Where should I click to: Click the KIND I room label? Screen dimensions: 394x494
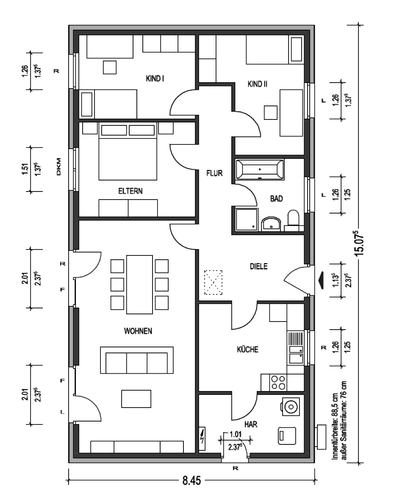(155, 78)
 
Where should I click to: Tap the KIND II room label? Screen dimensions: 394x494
(257, 84)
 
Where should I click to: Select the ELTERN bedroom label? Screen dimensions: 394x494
(130, 191)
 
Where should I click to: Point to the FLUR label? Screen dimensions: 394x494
(214, 173)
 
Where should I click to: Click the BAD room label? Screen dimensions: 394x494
(277, 198)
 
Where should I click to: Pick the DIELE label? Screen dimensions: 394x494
(258, 266)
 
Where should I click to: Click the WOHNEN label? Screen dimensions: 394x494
(138, 331)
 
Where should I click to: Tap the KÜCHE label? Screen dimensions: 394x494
(247, 349)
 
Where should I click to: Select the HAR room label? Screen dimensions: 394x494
(251, 425)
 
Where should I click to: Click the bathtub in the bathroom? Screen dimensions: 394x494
(260, 169)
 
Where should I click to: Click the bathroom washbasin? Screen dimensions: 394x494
(271, 224)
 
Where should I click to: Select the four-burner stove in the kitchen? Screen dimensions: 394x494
(278, 383)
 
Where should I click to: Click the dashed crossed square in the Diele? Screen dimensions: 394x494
(213, 282)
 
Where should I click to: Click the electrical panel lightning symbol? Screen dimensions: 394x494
(203, 438)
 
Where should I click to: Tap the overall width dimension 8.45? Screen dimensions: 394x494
(191, 480)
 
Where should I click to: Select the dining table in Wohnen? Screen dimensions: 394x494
(139, 284)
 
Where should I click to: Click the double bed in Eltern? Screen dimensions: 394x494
(128, 151)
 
